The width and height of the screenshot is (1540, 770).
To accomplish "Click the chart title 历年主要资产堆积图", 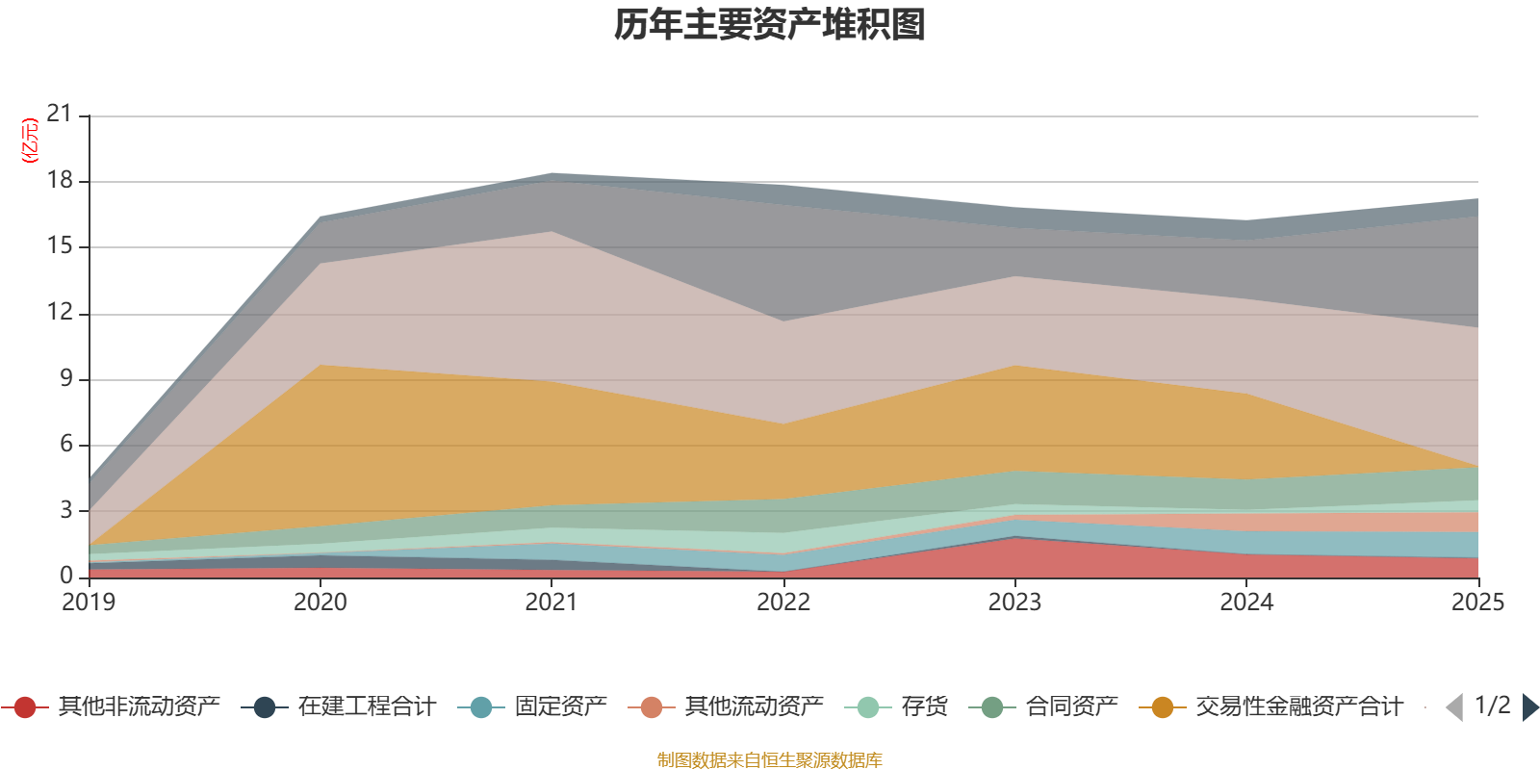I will pos(770,25).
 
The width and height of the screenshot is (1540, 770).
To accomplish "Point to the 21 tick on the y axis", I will pos(60,115).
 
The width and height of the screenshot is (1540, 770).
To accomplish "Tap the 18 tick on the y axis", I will pos(60,180).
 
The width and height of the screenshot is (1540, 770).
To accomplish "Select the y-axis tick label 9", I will pos(65,378).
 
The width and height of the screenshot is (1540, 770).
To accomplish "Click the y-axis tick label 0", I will pos(65,576).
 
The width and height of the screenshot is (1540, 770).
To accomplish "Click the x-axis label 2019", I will pos(89,603).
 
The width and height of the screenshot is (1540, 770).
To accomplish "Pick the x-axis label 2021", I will pos(552,603).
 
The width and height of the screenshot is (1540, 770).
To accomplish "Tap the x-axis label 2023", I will pos(1014,603).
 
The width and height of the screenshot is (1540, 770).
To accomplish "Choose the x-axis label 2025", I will pos(1476,603).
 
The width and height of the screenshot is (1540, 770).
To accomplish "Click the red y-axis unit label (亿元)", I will pos(30,141).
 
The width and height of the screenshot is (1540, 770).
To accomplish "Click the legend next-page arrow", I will pos(1530,708).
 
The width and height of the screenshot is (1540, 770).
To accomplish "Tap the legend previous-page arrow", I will pos(1454,708).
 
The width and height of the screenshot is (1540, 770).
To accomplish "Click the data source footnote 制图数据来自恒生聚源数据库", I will pos(770,760).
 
